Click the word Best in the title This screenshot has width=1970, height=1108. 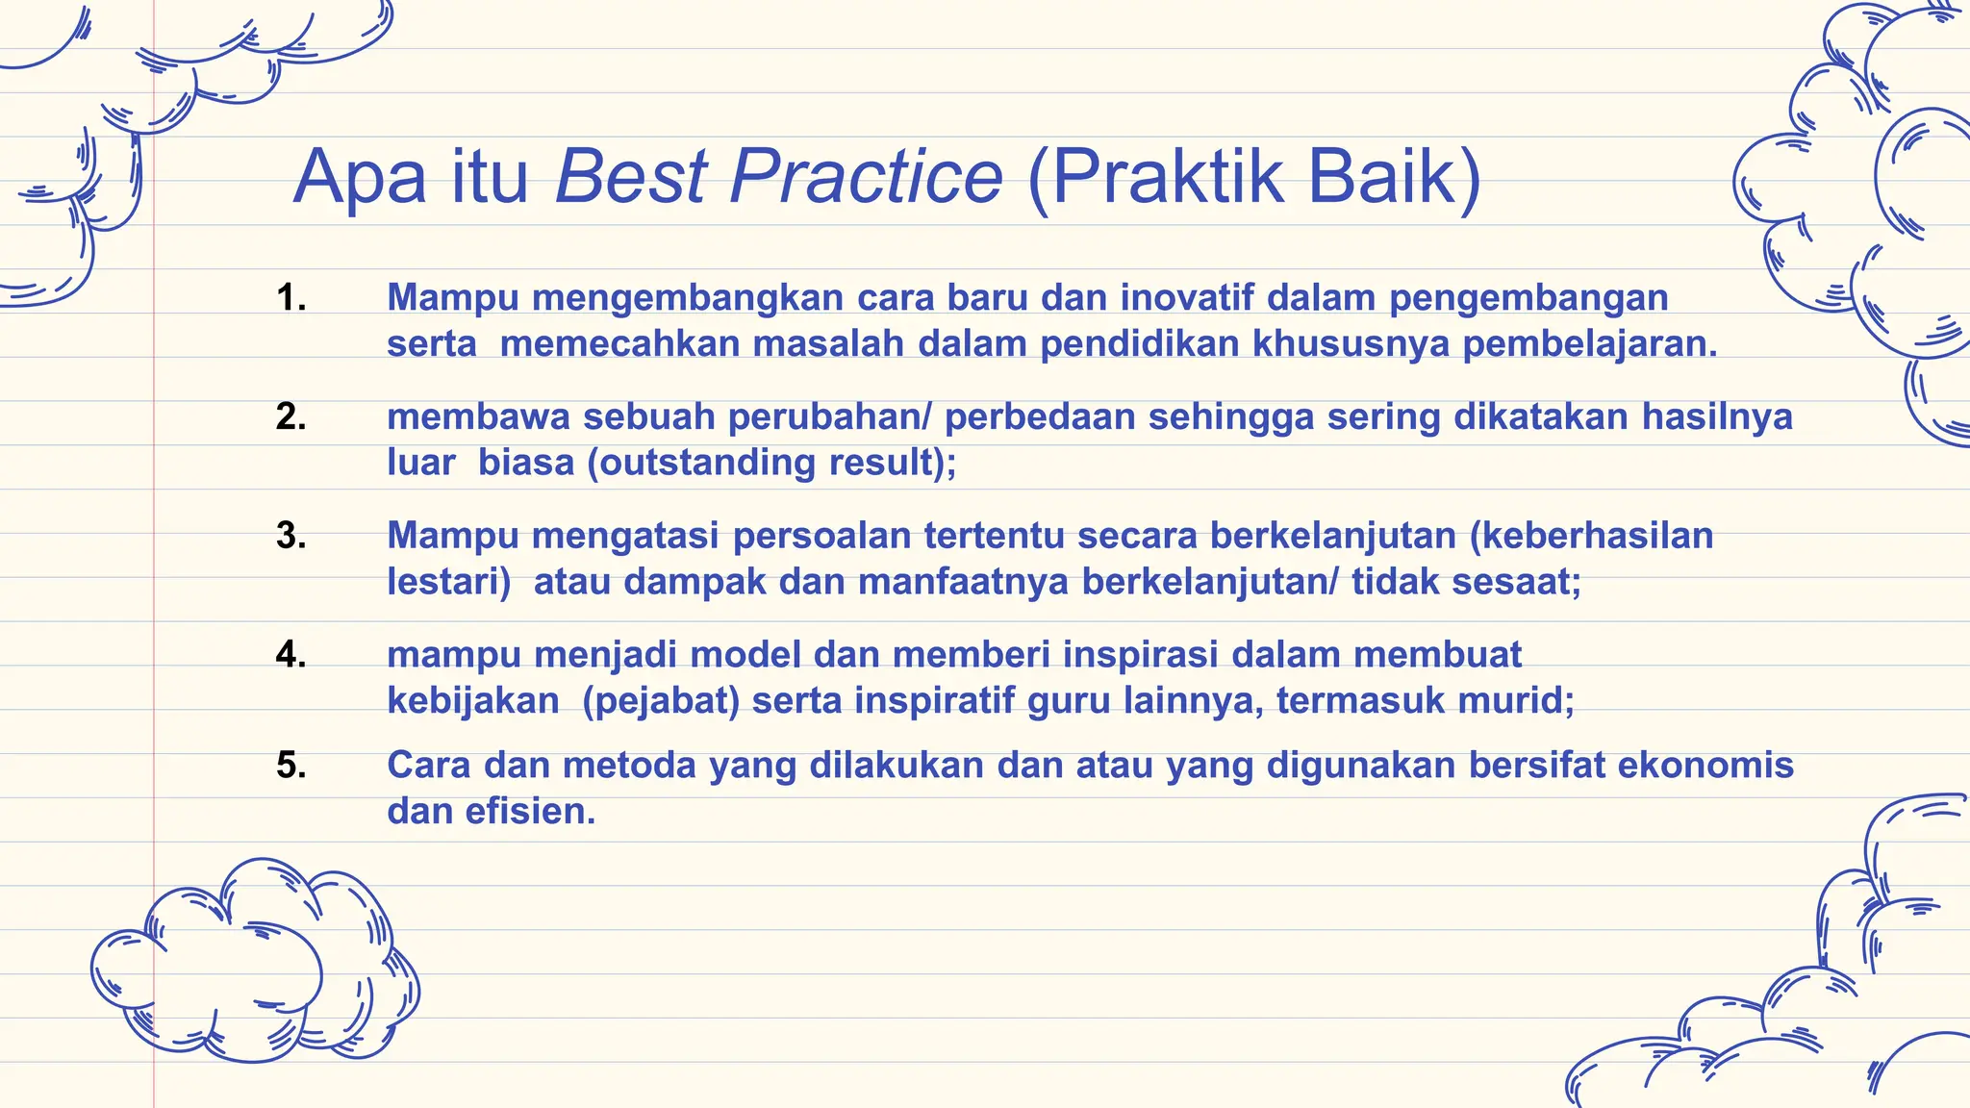pyautogui.click(x=631, y=177)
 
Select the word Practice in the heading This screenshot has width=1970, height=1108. pyautogui.click(x=866, y=177)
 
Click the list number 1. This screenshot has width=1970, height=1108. pyautogui.click(x=290, y=297)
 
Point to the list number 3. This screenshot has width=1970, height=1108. pyautogui.click(x=290, y=536)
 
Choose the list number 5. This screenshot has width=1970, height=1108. pyautogui.click(x=290, y=766)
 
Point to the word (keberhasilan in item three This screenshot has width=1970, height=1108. pyautogui.click(x=1591, y=536)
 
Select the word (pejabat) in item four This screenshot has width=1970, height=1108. pyautogui.click(x=661, y=700)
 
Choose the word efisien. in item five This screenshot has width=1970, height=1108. pyautogui.click(x=530, y=812)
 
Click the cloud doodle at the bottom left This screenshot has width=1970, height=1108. pyautogui.click(x=255, y=962)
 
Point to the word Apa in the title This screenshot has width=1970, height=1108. pyautogui.click(x=360, y=177)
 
